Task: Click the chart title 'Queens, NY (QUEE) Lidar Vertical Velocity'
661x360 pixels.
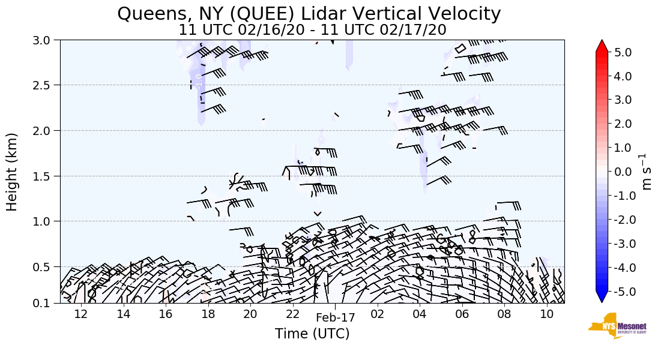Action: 309,13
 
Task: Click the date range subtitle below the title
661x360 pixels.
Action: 312,29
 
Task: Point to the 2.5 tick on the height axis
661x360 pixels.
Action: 47,85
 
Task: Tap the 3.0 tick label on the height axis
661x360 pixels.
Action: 47,40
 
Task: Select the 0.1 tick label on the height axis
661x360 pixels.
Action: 47,304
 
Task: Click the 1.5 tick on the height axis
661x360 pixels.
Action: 47,176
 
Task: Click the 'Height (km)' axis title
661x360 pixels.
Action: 13,172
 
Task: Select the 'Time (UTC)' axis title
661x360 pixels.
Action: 312,334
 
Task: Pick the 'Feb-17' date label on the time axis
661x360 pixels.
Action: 335,317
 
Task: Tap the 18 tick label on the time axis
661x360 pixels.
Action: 208,314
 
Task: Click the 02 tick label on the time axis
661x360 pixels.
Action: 377,314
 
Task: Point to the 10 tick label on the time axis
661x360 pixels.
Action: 546,314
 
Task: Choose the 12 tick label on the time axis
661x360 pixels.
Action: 81,314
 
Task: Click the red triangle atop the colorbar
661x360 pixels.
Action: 602,46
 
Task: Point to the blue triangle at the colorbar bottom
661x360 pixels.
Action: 602,297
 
